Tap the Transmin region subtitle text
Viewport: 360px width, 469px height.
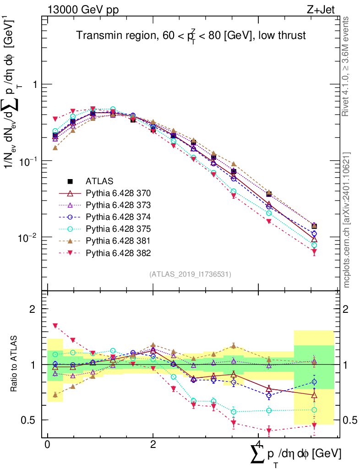coord(191,36)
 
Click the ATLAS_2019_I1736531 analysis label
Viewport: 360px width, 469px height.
coord(190,274)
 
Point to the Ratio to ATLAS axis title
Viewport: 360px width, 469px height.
coord(15,364)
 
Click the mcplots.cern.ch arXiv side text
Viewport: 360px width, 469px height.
coord(347,219)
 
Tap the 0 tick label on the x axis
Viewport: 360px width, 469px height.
coord(47,445)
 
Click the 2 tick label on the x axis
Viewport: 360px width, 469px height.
coord(153,445)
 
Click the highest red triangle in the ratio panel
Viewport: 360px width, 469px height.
coord(55,326)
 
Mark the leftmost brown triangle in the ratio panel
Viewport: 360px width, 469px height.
coord(55,395)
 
